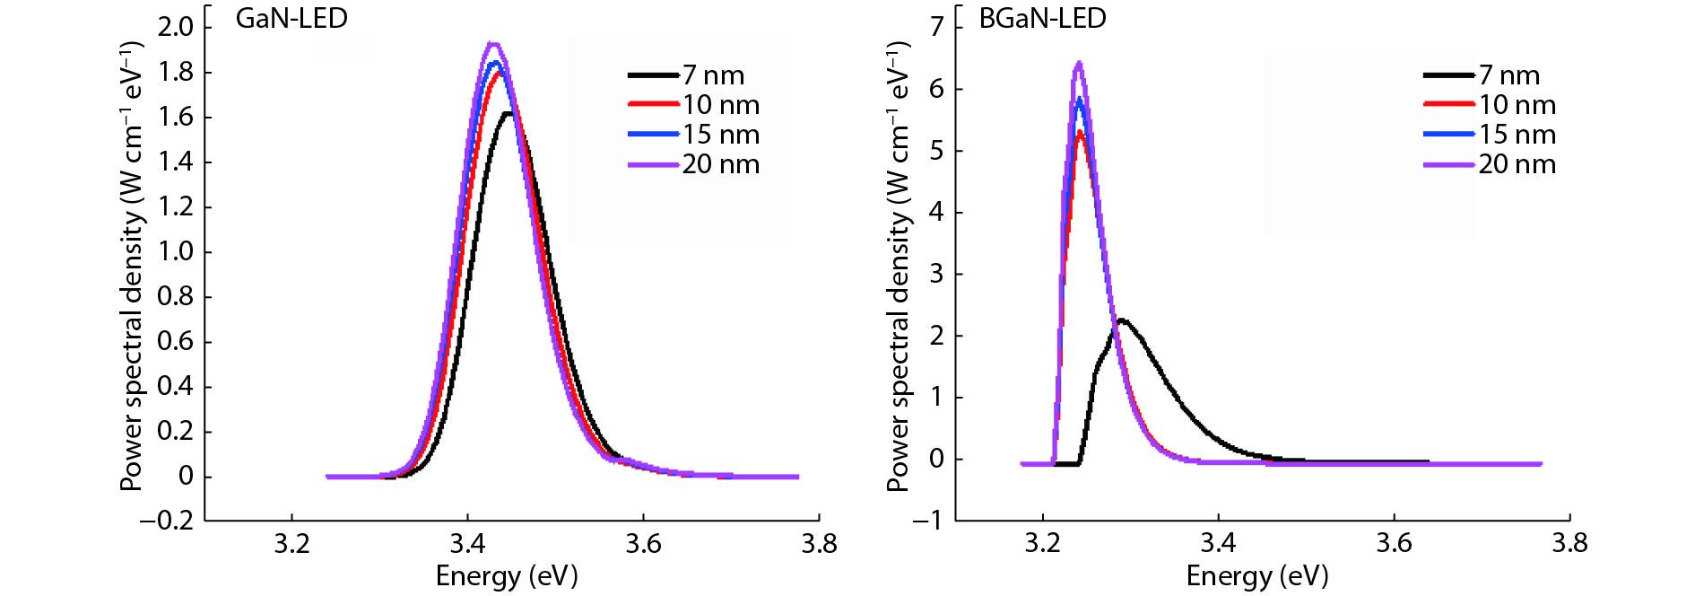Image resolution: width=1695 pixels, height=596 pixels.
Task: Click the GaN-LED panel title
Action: tap(291, 18)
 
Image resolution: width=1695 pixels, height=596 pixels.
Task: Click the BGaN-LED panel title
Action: tap(1041, 18)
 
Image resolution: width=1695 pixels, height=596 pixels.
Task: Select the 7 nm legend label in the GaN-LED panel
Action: tap(713, 75)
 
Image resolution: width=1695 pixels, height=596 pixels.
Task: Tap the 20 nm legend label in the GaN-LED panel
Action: tap(720, 164)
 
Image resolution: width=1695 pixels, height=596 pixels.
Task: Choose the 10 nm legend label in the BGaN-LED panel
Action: tap(1517, 105)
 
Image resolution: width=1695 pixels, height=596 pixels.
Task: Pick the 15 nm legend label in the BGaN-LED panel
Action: tap(1517, 135)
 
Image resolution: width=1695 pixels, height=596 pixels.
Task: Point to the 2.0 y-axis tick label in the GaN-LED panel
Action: tap(176, 27)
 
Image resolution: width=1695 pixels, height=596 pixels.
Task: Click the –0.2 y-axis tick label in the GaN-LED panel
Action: tap(167, 521)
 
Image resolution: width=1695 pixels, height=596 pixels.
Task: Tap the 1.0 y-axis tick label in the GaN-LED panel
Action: tap(176, 251)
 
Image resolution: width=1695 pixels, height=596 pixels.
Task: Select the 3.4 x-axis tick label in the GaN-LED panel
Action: tap(467, 544)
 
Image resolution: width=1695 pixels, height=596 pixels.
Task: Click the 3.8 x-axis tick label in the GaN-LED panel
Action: tap(818, 544)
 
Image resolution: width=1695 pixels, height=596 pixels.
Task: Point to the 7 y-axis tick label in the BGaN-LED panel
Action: tap(936, 27)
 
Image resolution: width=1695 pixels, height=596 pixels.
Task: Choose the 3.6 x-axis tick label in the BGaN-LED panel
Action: tap(1394, 544)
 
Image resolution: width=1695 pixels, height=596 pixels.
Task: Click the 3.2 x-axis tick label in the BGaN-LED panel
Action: tap(1042, 544)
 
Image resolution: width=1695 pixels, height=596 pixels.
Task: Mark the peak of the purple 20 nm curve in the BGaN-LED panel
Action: tap(1079, 63)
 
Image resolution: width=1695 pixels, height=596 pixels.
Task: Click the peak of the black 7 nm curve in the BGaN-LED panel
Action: tap(1121, 320)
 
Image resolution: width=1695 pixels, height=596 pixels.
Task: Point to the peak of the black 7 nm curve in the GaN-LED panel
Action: tap(508, 113)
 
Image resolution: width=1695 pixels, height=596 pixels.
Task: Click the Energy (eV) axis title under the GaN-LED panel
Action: tap(507, 575)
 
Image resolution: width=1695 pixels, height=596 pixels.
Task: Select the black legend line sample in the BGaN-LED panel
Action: tap(1448, 75)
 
